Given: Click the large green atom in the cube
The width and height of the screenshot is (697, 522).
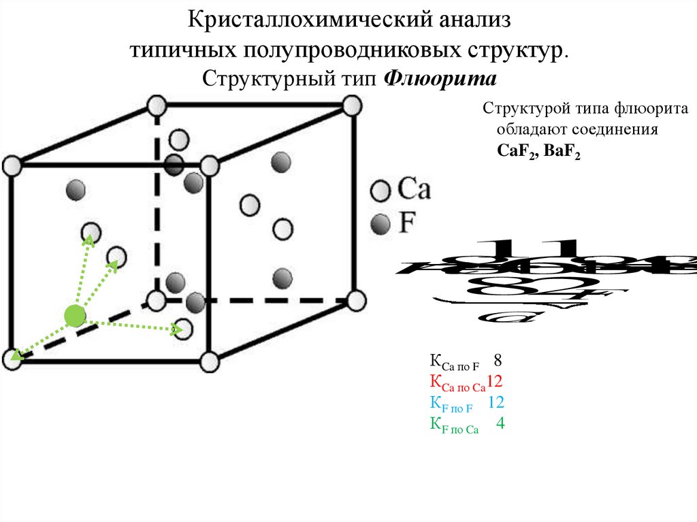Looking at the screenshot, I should pyautogui.click(x=74, y=315).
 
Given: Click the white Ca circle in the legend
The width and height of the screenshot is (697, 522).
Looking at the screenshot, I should pyautogui.click(x=380, y=190).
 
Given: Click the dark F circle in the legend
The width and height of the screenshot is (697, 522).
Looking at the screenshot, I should pyautogui.click(x=380, y=223).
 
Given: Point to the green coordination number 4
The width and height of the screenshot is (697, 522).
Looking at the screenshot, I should pyautogui.click(x=500, y=423).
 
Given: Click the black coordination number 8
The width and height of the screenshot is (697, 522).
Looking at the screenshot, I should pyautogui.click(x=498, y=360).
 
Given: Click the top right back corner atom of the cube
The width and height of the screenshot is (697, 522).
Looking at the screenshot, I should pyautogui.click(x=352, y=105).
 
